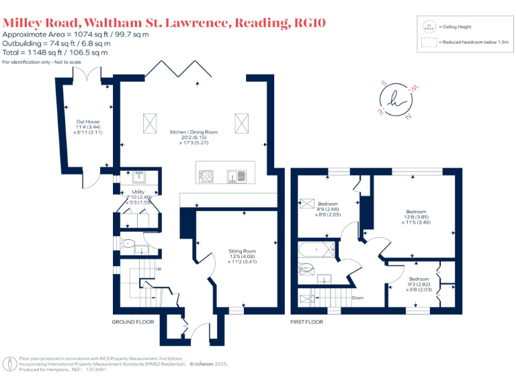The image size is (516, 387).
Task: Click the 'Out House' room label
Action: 87,122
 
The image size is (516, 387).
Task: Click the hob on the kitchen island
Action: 206,176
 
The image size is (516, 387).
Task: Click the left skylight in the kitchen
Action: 149,124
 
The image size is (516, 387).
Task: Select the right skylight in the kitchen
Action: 241,124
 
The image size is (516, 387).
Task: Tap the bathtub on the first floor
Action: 316,251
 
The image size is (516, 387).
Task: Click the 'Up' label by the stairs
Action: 159,269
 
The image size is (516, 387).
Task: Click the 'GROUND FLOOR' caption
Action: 132,322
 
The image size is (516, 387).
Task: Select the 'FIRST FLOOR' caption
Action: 307,322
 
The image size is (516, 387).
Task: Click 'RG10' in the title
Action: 311,24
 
